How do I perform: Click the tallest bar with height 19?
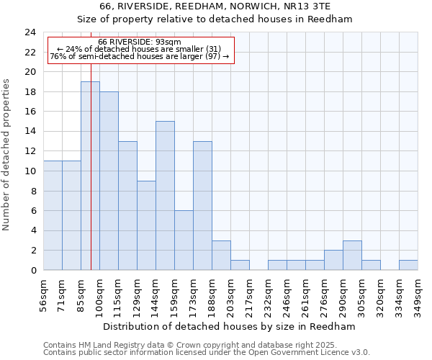pyautogui.click(x=90, y=176)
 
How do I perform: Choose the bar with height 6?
pyautogui.click(x=184, y=240)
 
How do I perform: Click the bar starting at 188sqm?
pyautogui.click(x=221, y=256)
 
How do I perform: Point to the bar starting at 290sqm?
pyautogui.click(x=352, y=256)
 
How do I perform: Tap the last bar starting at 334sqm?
pyautogui.click(x=408, y=265)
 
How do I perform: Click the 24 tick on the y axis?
pyautogui.click(x=30, y=32)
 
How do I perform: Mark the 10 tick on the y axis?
pyautogui.click(x=30, y=171)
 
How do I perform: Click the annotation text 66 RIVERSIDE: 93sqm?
pyautogui.click(x=140, y=42)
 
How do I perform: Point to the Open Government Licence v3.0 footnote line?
pyautogui.click(x=207, y=353)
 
